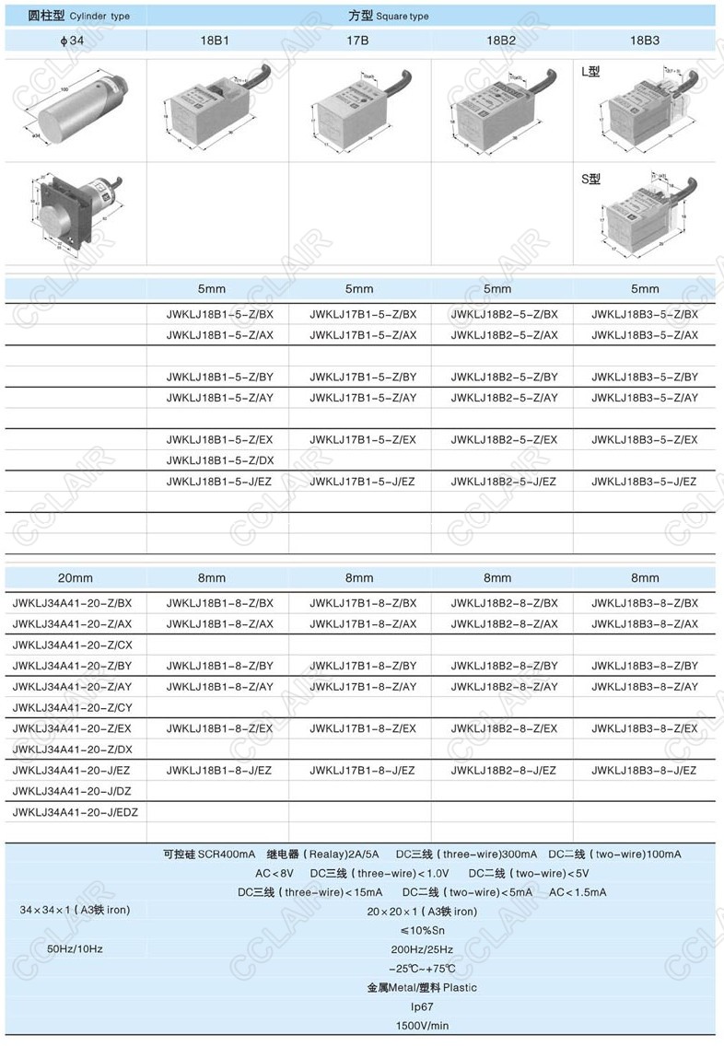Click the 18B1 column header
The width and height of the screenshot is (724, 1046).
[x=215, y=41]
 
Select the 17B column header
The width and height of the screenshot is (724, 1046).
[x=357, y=41]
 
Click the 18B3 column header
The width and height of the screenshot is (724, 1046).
[x=644, y=41]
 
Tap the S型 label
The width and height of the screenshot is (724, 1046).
[x=590, y=179]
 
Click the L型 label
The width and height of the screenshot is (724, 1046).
[x=590, y=71]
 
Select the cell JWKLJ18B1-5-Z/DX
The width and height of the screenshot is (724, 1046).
[x=219, y=460]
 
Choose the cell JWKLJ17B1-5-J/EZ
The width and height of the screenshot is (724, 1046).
[x=363, y=482]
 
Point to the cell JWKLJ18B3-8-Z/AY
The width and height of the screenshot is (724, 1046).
[x=645, y=687]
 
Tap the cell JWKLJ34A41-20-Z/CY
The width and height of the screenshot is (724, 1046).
[x=73, y=707]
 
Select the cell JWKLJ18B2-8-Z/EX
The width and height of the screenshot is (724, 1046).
[x=504, y=728]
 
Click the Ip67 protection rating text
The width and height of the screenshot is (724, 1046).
[x=422, y=1006]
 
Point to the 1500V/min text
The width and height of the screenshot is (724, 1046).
[x=422, y=1026]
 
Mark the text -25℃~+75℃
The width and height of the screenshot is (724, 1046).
[x=422, y=968]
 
